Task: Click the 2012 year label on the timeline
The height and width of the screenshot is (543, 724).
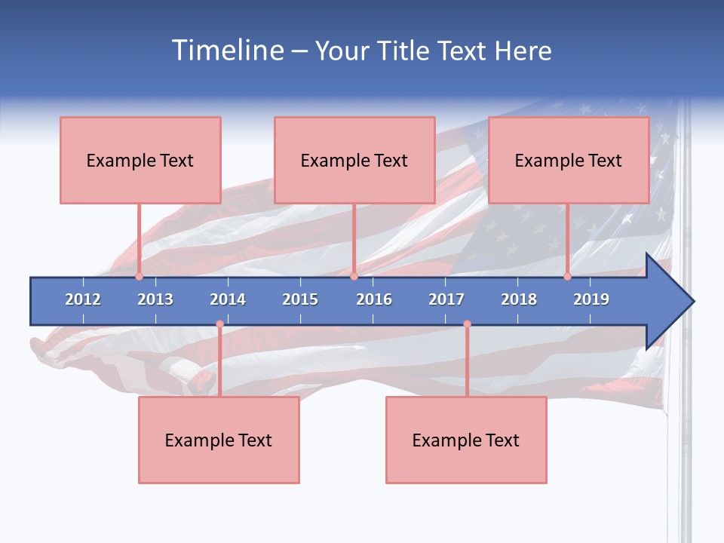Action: click(83, 299)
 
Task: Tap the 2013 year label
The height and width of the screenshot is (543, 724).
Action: click(155, 299)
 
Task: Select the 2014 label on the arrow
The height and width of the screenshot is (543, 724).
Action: click(228, 299)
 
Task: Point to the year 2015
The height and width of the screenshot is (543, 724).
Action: click(300, 299)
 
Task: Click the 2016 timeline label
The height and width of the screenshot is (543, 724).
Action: click(374, 299)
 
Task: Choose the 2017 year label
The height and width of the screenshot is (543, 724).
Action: click(446, 299)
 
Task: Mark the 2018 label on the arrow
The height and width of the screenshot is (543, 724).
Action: click(519, 299)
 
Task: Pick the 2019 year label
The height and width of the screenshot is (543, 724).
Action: click(591, 299)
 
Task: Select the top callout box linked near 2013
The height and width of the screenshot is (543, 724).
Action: click(140, 160)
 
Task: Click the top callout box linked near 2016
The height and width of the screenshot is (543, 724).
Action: click(354, 160)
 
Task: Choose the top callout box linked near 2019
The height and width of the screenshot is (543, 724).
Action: click(569, 160)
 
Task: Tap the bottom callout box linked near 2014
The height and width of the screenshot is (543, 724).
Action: click(219, 440)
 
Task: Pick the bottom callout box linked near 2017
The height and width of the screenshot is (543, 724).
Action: click(466, 440)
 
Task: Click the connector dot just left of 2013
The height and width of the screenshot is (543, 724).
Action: click(139, 277)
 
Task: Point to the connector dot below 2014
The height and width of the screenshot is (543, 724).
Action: click(219, 324)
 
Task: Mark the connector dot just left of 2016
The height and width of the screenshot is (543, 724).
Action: click(354, 277)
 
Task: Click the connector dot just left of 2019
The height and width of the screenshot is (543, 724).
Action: click(567, 277)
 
